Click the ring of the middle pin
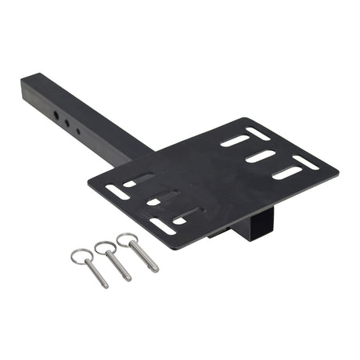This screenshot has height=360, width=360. pyautogui.click(x=105, y=248)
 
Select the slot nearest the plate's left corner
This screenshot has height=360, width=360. pyautogui.click(x=117, y=191)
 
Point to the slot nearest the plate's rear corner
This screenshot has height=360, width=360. pyautogui.click(x=257, y=132)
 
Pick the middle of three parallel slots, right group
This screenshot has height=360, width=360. pyautogui.click(x=261, y=156)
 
